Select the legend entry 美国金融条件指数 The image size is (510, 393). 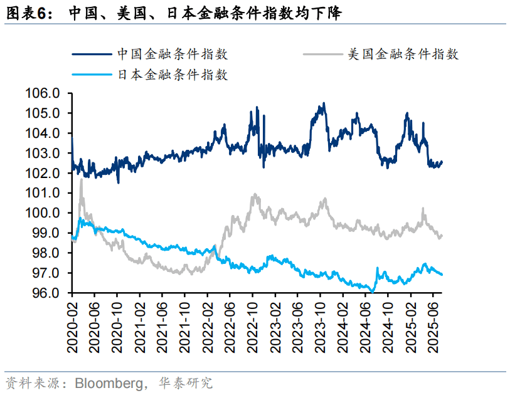(x=403, y=55)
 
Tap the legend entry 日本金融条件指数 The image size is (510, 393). (x=173, y=75)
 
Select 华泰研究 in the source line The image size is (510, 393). (x=186, y=382)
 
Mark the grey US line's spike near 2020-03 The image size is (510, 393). (x=81, y=180)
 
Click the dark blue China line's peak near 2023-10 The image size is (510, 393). (x=324, y=103)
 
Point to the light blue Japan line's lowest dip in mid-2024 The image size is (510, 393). (x=373, y=291)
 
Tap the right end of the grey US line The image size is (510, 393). (x=442, y=236)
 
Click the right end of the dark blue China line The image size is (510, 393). (x=442, y=162)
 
